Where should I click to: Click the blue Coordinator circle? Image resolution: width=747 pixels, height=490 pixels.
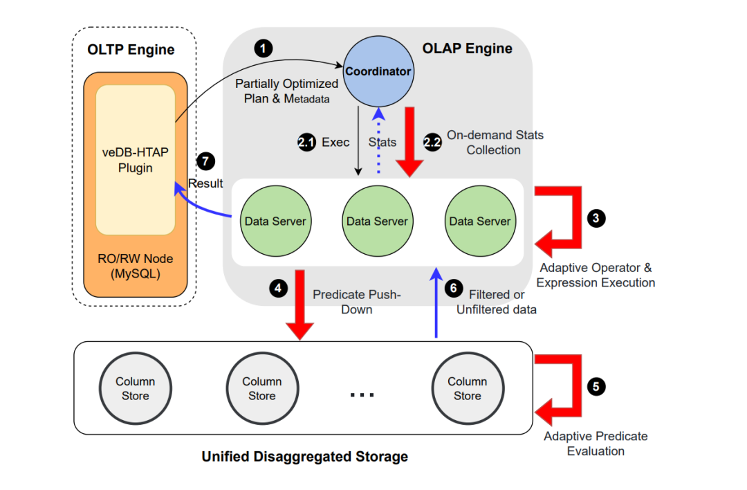pyautogui.click(x=378, y=71)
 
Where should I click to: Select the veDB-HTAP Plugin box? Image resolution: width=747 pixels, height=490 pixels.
pyautogui.click(x=136, y=160)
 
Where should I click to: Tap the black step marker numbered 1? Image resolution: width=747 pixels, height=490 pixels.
pyautogui.click(x=263, y=48)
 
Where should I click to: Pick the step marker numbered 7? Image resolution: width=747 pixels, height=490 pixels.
pyautogui.click(x=205, y=161)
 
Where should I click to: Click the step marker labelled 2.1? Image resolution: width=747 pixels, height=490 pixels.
pyautogui.click(x=306, y=142)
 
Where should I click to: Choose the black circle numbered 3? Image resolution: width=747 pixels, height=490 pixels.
pyautogui.click(x=596, y=218)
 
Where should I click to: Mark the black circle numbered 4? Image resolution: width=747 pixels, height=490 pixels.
pyautogui.click(x=278, y=288)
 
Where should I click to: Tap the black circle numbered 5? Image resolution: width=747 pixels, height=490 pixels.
pyautogui.click(x=596, y=386)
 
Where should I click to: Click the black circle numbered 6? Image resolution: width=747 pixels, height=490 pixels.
pyautogui.click(x=453, y=288)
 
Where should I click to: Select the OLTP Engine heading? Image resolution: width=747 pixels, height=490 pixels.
pyautogui.click(x=131, y=50)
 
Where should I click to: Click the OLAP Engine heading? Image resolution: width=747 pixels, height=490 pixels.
pyautogui.click(x=468, y=48)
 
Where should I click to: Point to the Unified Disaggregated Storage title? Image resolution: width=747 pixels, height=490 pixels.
pyautogui.click(x=304, y=457)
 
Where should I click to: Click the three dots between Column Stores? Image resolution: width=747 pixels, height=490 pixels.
pyautogui.click(x=362, y=394)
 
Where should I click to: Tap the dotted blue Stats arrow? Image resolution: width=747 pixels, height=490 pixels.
pyautogui.click(x=378, y=142)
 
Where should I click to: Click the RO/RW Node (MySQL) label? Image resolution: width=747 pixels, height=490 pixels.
pyautogui.click(x=136, y=266)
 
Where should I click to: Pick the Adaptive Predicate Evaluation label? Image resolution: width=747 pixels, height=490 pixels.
pyautogui.click(x=596, y=444)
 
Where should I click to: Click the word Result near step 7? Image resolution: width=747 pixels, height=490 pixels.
pyautogui.click(x=206, y=183)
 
